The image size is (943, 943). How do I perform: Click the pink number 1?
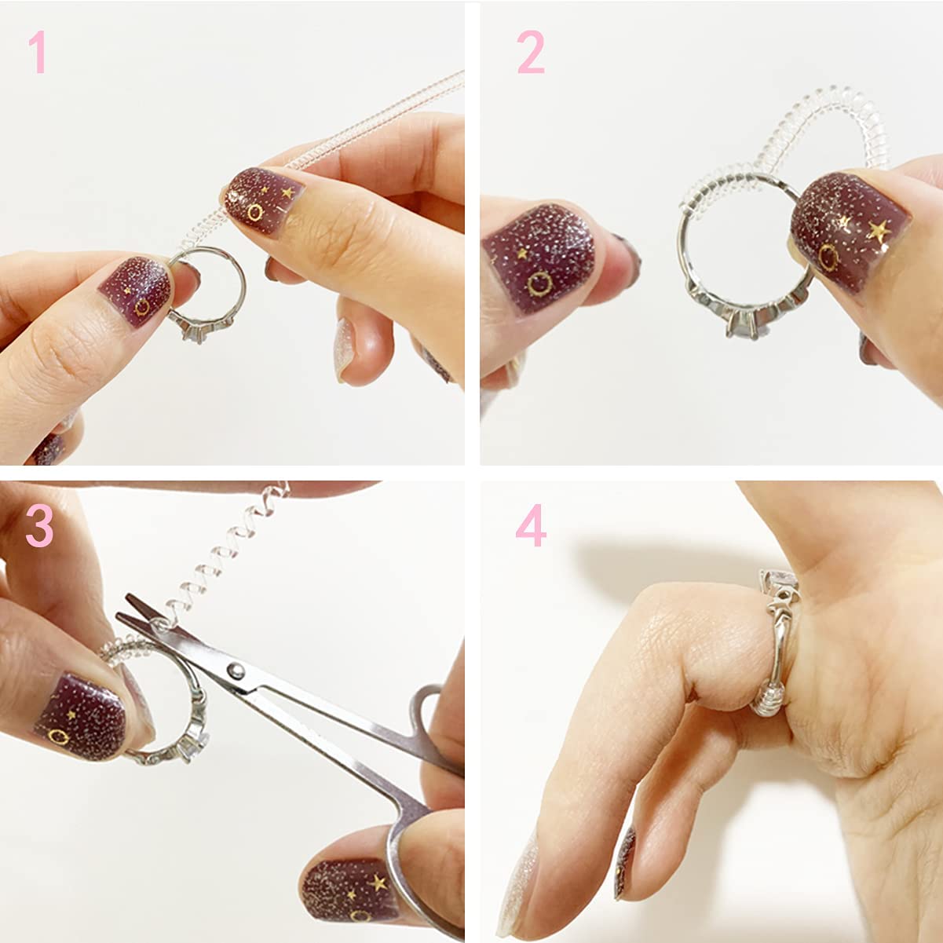pos(38,52)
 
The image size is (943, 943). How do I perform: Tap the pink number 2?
pos(531,52)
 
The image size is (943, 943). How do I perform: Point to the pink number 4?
pos(531,525)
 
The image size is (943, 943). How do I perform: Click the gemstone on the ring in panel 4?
pos(780,583)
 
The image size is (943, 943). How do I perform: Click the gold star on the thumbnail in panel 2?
pos(879,231)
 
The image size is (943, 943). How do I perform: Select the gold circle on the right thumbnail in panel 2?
pos(829,258)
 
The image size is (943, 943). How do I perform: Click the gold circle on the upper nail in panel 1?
pos(255,213)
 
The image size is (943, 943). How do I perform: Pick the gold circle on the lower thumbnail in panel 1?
pos(142,307)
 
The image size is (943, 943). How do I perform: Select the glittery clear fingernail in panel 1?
pos(345,349)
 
